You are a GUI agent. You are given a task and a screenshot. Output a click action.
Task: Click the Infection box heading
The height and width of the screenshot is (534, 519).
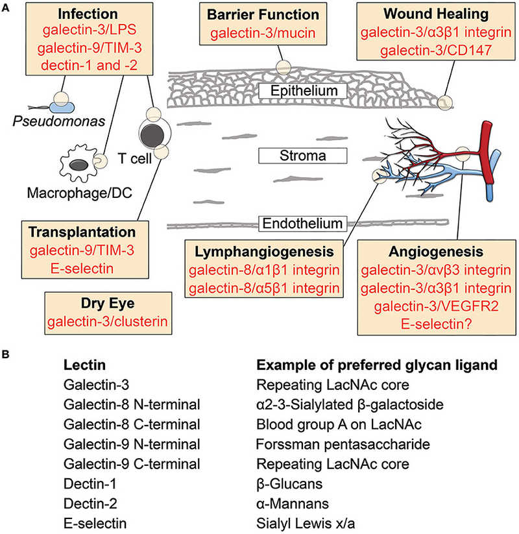tap(86, 14)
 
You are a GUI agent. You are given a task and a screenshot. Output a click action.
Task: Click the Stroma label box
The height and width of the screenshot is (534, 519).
tap(302, 156)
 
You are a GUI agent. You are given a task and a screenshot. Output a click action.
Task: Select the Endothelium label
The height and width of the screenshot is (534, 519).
tap(302, 223)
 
